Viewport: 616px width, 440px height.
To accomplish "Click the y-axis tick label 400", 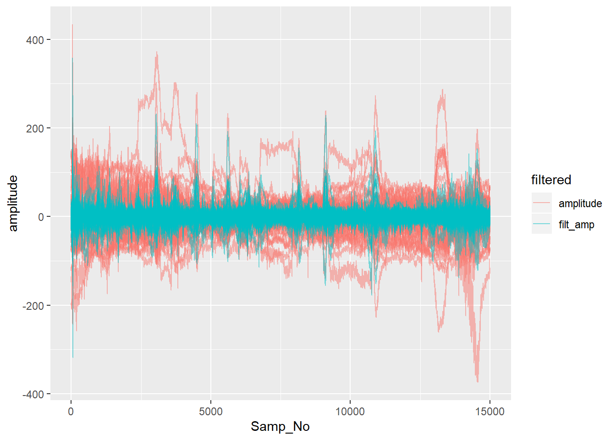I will coord(35,40).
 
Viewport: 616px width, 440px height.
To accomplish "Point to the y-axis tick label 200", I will coord(35,129).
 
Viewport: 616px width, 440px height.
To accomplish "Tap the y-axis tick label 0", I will coord(41,217).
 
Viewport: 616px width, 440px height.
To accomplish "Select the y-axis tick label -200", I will coord(33,306).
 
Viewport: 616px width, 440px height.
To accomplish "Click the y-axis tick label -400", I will coord(33,394).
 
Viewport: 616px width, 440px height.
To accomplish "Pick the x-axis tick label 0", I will coord(71,412).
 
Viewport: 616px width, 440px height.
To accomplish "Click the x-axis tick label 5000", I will coord(211,412).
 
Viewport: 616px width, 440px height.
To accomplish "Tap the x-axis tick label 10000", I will coord(350,412).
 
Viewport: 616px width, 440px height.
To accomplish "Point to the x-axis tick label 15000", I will coord(489,412).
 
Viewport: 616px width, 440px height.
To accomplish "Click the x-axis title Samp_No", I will coord(280,427).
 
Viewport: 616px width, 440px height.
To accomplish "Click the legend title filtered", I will coord(551,180).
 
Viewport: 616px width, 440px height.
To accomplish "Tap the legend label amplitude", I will coord(580,203).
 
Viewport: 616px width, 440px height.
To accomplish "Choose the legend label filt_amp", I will coord(576,225).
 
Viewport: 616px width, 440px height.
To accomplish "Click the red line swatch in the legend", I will coord(541,203).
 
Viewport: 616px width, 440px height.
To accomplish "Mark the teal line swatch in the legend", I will coord(541,224).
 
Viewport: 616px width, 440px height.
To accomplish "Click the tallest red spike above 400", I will coord(72,26).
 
